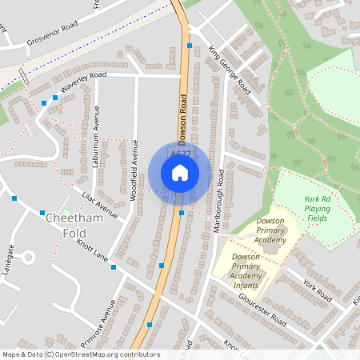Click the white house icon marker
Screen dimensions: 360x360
(x=180, y=172)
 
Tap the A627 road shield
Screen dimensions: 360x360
(x=179, y=154)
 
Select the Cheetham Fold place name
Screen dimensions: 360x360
(x=62, y=225)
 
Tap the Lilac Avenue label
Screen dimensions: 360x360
(x=99, y=206)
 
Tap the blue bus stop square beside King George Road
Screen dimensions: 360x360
(x=190, y=46)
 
